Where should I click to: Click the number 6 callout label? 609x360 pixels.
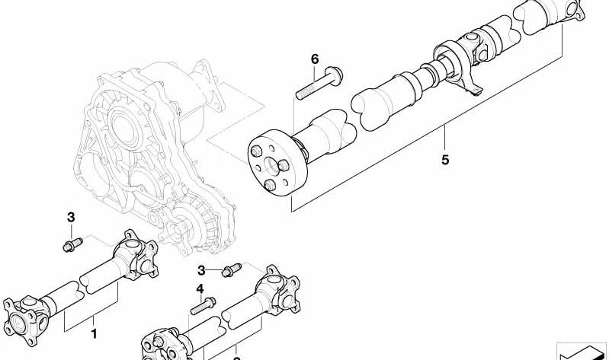click(x=313, y=59)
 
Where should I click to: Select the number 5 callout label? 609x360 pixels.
click(x=445, y=161)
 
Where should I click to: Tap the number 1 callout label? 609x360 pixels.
click(x=94, y=333)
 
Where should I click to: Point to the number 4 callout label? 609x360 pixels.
click(x=200, y=288)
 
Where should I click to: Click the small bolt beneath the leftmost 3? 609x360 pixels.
click(x=71, y=245)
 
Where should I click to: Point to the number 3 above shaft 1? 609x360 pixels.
click(x=71, y=218)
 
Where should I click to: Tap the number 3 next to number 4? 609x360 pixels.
click(x=202, y=270)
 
